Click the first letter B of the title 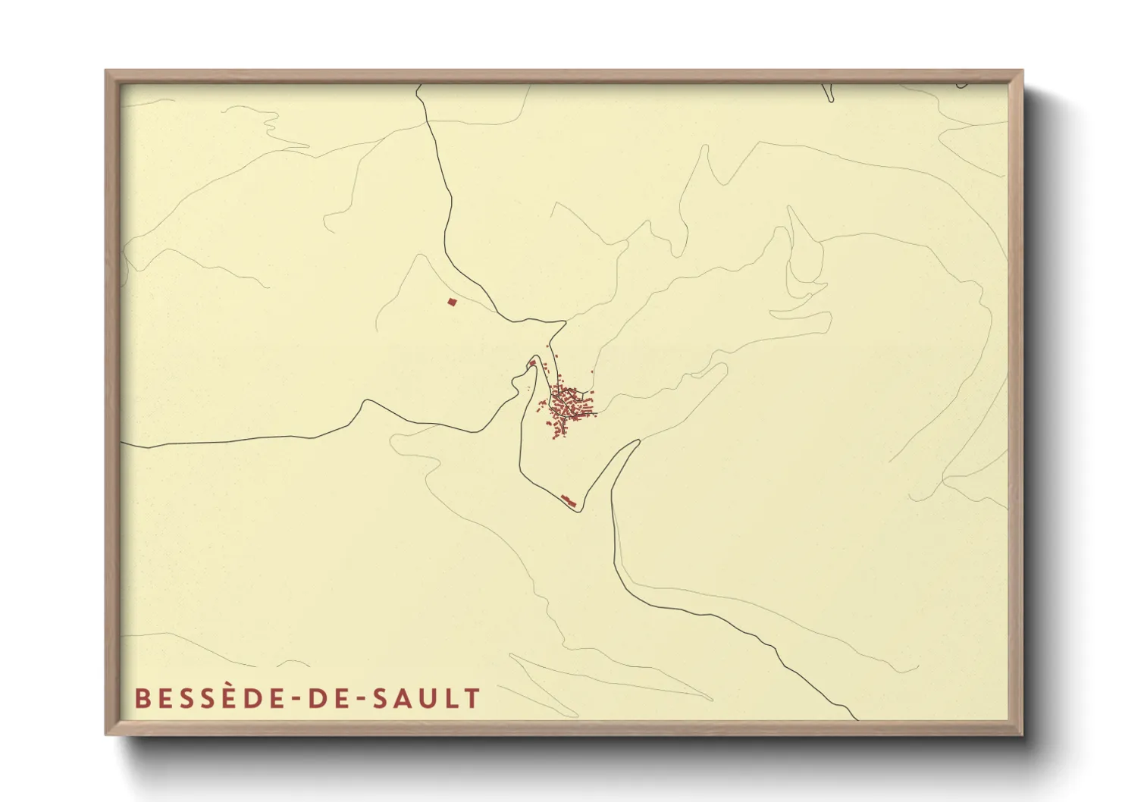pyautogui.click(x=142, y=698)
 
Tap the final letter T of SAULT pyautogui.click(x=473, y=698)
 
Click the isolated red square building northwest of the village pyautogui.click(x=453, y=302)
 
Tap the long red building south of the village pyautogui.click(x=569, y=500)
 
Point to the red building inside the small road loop pyautogui.click(x=533, y=364)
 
